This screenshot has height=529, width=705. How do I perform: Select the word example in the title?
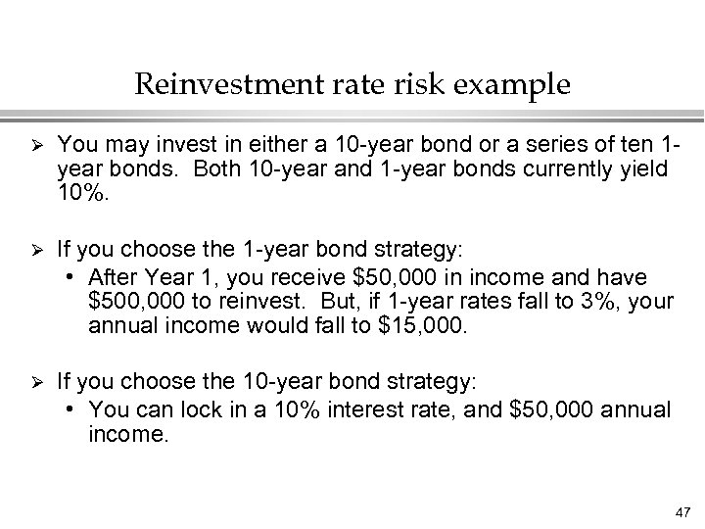(x=515, y=85)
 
